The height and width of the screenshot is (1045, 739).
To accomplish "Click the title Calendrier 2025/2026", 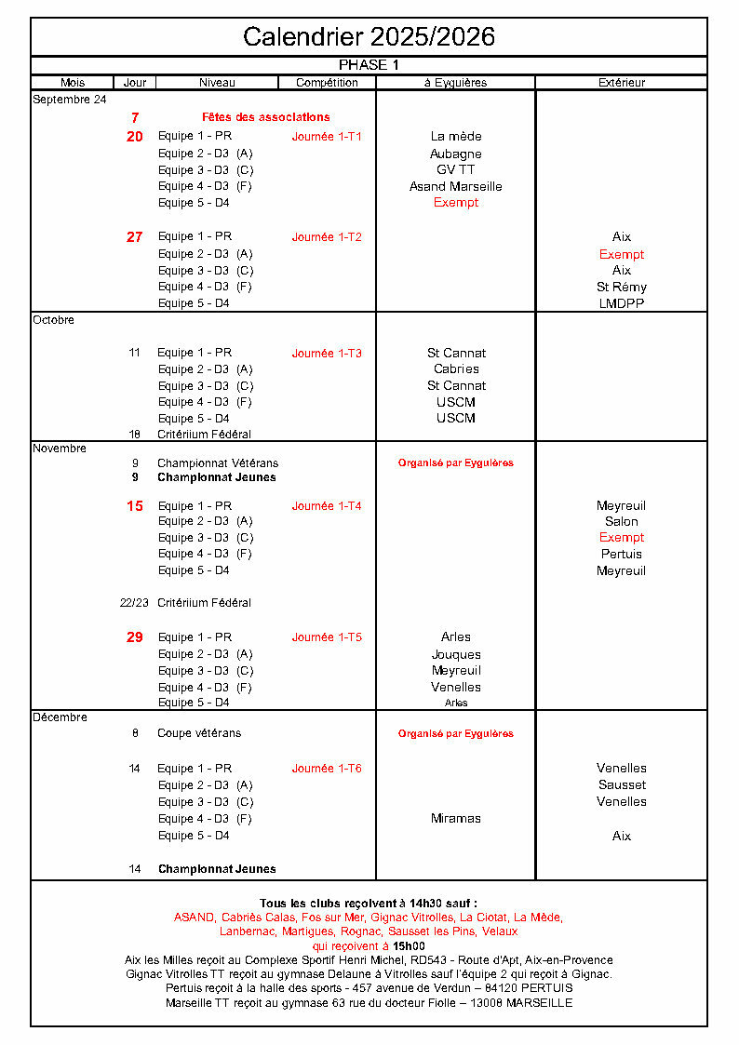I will tap(369, 36).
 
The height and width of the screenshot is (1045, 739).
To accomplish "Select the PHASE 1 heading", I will tap(369, 65).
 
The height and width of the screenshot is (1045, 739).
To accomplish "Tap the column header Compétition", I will tap(327, 83).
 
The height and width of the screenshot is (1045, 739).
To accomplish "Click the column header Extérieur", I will tap(621, 83).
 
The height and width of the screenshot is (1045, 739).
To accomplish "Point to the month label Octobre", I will tap(53, 320).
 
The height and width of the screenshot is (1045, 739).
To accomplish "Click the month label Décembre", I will tap(60, 717).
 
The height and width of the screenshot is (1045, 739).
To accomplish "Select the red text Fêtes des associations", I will tap(265, 117).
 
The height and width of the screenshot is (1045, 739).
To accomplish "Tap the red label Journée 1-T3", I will tap(327, 354).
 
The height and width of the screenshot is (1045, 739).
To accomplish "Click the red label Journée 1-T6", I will tap(327, 769).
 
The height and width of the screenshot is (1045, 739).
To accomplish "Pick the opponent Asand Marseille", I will tap(455, 186).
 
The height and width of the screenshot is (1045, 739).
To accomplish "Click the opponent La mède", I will tap(455, 137).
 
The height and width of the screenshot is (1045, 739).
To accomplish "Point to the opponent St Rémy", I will tap(621, 287).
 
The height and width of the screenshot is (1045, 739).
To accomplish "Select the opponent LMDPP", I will tap(621, 303).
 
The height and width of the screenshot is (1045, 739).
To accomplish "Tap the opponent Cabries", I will tap(455, 369).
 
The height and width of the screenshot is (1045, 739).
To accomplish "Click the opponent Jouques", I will tap(455, 654).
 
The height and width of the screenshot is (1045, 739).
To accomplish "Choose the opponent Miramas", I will tap(455, 819).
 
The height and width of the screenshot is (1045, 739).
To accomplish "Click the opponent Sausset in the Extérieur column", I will tap(621, 785).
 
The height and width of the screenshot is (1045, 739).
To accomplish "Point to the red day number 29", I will tap(135, 637).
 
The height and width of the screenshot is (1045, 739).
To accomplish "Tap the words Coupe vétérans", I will tap(198, 733).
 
